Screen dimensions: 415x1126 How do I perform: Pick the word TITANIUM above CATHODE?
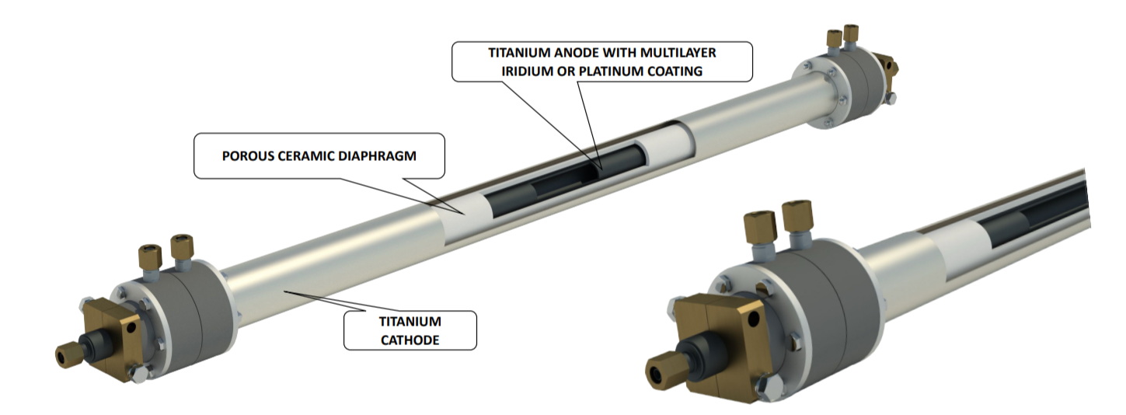pyautogui.click(x=409, y=321)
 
